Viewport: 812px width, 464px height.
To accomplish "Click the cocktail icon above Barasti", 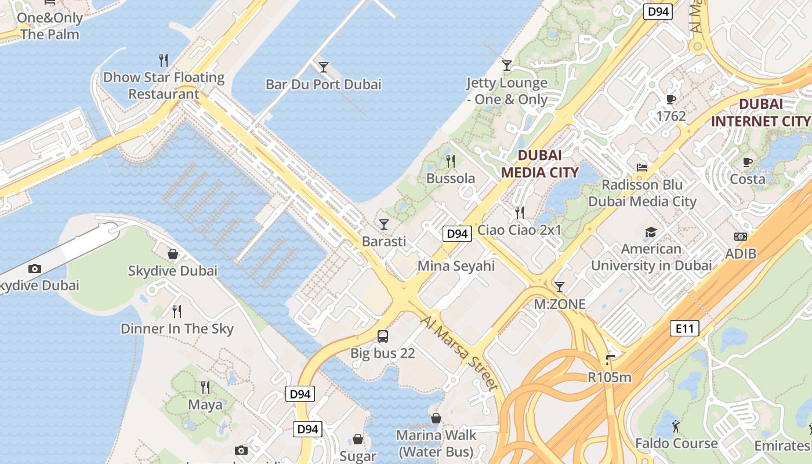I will pos(383,224).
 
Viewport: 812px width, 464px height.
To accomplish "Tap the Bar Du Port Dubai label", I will pos(323,85).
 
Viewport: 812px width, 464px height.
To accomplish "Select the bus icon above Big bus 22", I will pos(383,336).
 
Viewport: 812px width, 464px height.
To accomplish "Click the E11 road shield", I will pos(684,329).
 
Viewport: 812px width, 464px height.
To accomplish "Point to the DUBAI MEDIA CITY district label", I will pos(539,164).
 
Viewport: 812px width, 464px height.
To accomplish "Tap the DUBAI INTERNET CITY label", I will pos(760,113).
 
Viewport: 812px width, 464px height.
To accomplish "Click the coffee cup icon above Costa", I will pos(748,162).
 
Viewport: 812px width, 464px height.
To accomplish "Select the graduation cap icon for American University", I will pos(651,233).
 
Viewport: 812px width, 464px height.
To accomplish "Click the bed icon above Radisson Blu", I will pos(642,168).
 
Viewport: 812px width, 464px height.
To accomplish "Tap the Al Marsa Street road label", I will pos(460,353).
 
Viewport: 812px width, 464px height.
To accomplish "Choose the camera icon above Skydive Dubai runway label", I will pos(35,269).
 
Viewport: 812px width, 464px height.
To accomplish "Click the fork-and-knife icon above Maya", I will pos(205,387).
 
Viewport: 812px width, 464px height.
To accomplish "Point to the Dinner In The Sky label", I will pos(177,329).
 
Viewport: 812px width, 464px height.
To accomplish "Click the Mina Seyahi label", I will pos(456,266).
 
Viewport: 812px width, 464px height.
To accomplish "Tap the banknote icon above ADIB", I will pos(741,237).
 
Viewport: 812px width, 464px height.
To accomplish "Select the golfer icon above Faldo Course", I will pos(676,427).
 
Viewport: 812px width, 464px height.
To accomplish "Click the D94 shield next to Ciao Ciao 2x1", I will pos(456,234).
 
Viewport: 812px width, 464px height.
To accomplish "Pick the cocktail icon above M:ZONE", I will pos(559,287).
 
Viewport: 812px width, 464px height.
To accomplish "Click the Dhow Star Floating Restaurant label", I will pos(164,85).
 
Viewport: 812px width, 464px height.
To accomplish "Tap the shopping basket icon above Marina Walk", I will pos(436,418).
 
